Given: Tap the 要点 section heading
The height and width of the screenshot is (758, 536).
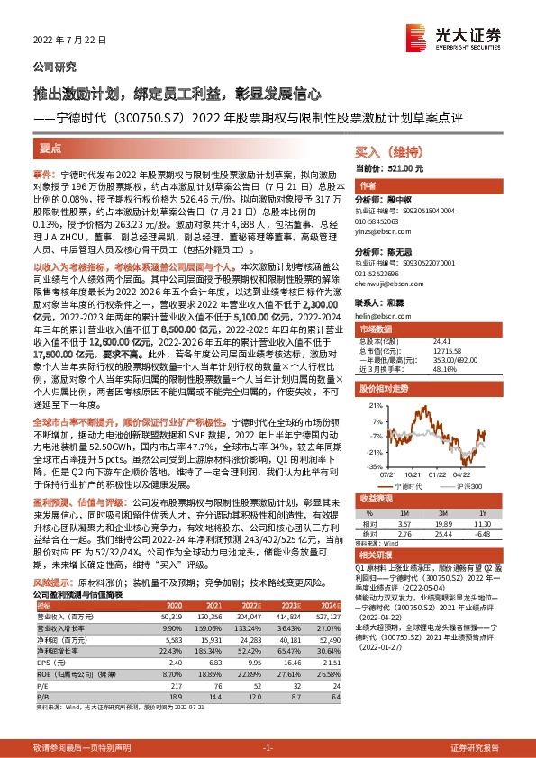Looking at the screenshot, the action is [50, 147].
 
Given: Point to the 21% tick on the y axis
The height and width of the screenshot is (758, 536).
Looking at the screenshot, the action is [368, 408].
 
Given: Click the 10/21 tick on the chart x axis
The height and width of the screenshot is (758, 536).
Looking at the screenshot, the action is [413, 473].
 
